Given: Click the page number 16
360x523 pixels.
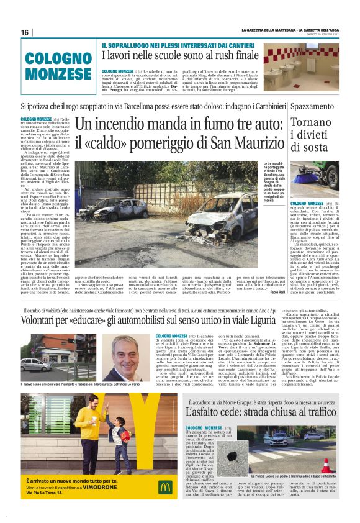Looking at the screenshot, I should click(25, 32).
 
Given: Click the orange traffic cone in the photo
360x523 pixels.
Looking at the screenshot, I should click(341, 465).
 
